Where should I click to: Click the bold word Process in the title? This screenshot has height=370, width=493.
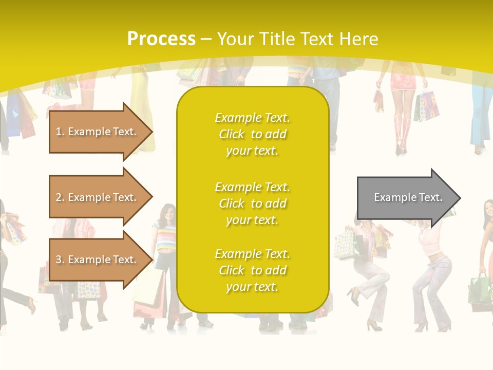click(x=161, y=39)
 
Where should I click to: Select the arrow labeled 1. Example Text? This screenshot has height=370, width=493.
click(x=98, y=132)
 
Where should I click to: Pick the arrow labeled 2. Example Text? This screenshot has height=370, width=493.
click(x=98, y=197)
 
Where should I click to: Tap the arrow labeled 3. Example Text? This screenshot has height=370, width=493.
click(x=98, y=260)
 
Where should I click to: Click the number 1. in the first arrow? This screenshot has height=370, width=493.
click(x=60, y=132)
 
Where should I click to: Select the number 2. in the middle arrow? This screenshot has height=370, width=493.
click(x=60, y=197)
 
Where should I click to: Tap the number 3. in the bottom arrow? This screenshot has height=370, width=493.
click(x=60, y=260)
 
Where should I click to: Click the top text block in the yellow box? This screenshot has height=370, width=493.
click(x=252, y=134)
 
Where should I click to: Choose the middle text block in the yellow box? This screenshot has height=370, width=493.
click(x=252, y=203)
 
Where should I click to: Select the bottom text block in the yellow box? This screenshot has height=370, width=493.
click(x=252, y=270)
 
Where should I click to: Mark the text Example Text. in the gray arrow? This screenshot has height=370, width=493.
click(x=408, y=197)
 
